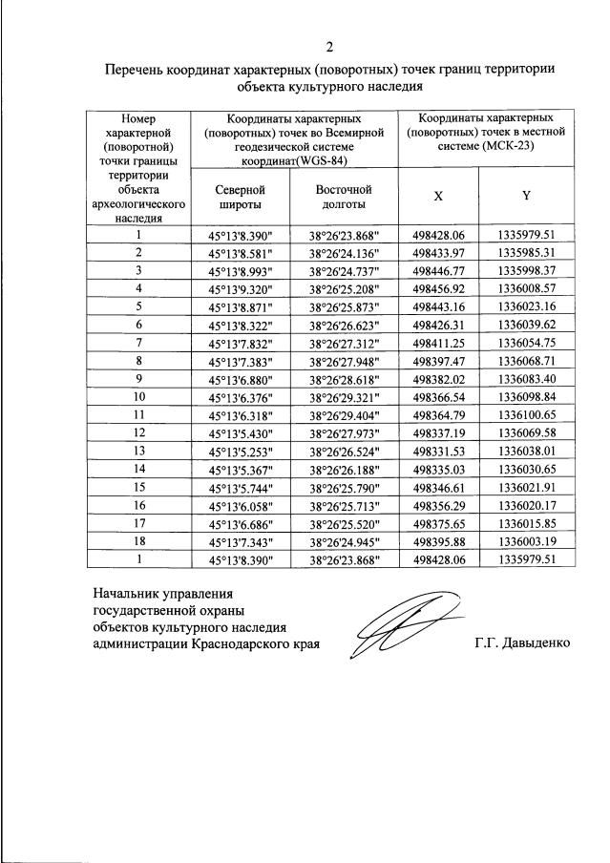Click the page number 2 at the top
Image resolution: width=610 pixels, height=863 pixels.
[329, 47]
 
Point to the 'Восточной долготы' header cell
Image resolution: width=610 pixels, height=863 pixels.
[343, 196]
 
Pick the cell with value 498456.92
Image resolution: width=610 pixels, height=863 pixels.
[438, 287]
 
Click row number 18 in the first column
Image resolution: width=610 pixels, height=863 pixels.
[138, 540]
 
